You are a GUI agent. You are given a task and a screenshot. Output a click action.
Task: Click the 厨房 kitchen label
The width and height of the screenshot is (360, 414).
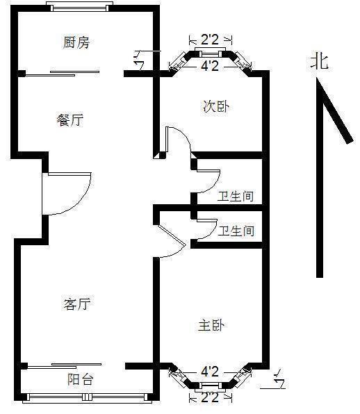[76, 42]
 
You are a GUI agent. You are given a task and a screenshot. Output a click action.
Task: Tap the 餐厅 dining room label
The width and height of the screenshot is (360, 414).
[70, 120]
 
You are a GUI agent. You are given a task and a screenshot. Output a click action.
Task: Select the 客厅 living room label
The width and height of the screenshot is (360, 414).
[77, 304]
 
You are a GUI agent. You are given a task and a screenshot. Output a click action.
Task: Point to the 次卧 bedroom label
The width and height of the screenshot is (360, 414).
[216, 107]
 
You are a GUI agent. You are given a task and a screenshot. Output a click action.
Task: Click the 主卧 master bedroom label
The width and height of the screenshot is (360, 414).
[211, 325]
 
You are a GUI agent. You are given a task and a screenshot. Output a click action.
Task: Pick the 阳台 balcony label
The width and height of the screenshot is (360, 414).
[81, 379]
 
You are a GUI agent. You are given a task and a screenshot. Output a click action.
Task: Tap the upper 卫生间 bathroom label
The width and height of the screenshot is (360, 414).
[236, 197]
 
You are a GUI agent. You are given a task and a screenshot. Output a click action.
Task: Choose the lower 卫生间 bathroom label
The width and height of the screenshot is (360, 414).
[236, 231]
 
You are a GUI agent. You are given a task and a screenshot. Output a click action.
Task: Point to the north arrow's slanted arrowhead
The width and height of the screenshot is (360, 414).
[335, 111]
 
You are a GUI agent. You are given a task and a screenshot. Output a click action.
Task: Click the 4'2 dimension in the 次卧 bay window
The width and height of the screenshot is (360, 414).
[210, 65]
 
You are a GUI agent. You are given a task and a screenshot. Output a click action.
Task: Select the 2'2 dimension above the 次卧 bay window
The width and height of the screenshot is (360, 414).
[210, 40]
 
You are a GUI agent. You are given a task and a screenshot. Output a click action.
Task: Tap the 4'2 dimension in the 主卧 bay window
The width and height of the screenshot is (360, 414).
[210, 372]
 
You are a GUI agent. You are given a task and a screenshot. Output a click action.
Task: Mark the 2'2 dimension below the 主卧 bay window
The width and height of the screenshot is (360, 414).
[210, 397]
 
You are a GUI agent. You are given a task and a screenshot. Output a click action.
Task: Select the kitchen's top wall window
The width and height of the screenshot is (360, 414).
[79, 7]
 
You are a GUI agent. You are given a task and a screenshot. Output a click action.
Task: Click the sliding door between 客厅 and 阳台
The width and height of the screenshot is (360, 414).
[64, 365]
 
